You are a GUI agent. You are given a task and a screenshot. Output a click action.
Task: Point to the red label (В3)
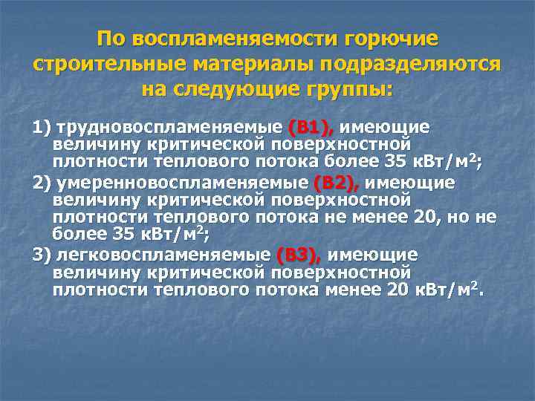click(x=298, y=255)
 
